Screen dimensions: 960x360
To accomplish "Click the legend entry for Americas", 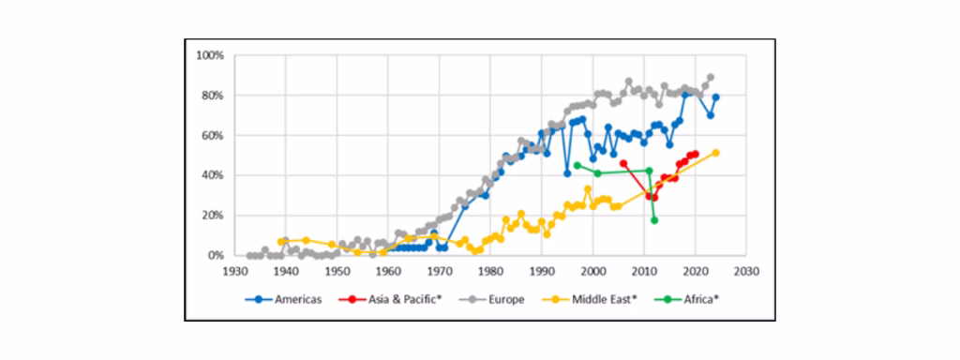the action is coord(283,300).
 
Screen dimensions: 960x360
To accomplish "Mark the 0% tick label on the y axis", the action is coord(217,255).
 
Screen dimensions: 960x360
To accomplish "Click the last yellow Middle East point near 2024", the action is coord(715,153).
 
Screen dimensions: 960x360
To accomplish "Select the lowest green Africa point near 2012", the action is coord(654,220).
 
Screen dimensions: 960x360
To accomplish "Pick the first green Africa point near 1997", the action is coord(577,165).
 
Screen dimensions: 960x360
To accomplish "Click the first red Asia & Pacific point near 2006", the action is coord(623,163).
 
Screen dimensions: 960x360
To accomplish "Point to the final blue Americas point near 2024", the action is coord(715,97).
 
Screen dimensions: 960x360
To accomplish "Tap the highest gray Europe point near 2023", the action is coord(711,77).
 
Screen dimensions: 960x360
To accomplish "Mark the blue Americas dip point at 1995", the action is coord(567,173).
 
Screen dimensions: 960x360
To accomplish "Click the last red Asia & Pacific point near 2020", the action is coord(695,155).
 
